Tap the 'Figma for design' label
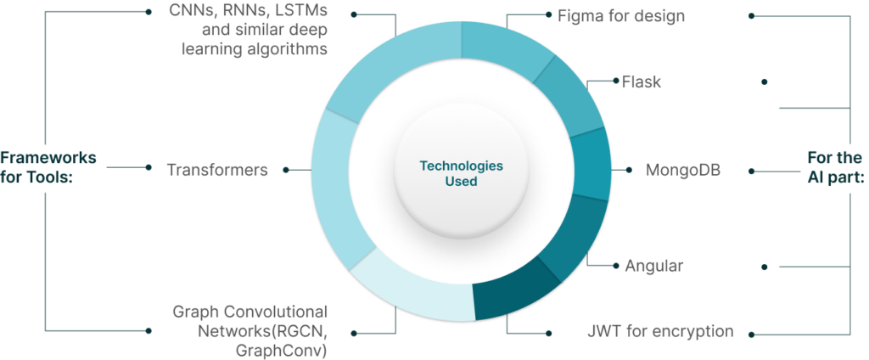621,15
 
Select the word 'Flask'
642,82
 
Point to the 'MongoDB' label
684,169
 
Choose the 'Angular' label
654,266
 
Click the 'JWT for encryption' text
659,331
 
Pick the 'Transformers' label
217,169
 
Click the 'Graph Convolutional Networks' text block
250,329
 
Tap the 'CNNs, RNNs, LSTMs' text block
247,31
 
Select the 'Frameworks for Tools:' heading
48,168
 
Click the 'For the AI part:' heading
835,168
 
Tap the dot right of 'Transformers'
286,169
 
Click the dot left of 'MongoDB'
628,169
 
